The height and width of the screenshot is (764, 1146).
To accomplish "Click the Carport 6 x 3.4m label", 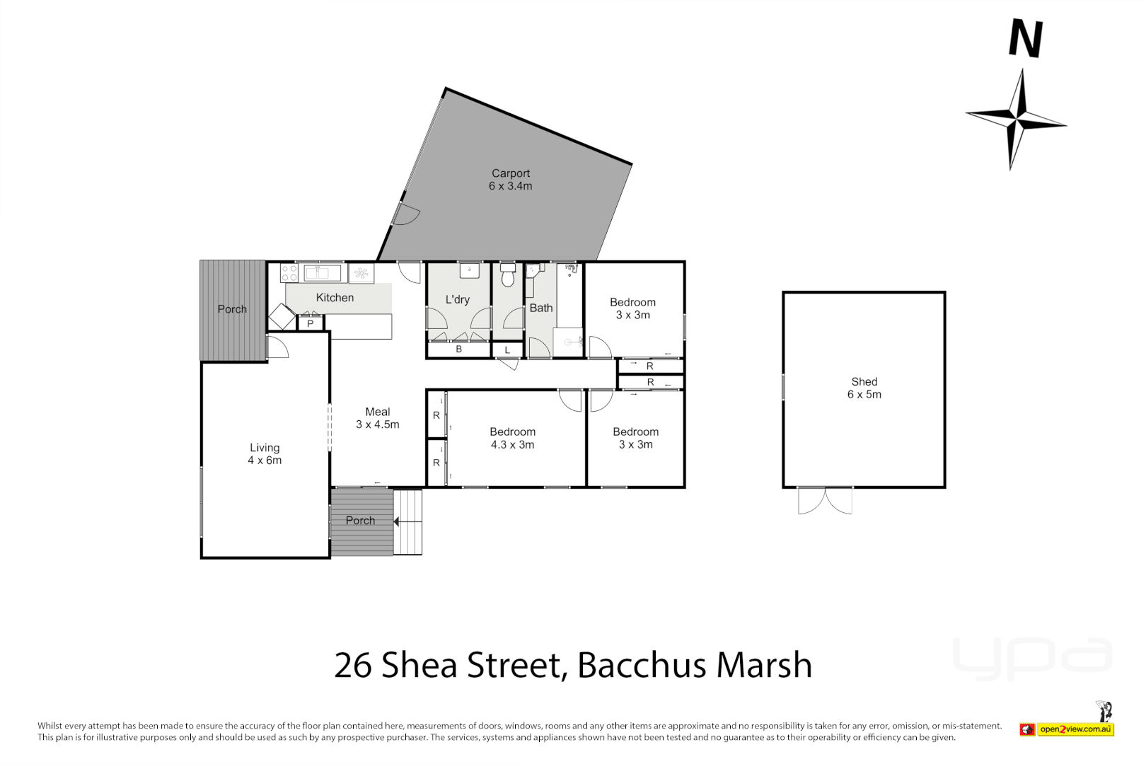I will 510,180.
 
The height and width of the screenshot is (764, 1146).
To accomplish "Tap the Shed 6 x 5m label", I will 864,388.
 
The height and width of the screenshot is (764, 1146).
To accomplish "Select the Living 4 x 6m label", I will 265,453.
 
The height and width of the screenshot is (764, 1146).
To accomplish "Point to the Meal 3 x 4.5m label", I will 377,418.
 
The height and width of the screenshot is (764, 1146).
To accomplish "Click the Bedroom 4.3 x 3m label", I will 512,438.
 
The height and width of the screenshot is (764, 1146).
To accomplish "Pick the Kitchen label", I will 335,298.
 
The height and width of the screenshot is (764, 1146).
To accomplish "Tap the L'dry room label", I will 457,299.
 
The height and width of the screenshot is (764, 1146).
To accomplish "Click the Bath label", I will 540,308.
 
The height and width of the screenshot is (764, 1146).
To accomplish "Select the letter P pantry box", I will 310,323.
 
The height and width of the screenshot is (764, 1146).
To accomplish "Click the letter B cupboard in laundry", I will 458,349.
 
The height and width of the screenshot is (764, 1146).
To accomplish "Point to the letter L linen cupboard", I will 507,350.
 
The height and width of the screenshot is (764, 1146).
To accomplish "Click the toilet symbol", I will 507,276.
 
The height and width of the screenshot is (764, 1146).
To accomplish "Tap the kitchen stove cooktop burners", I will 289,273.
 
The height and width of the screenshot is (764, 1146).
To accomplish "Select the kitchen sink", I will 323,272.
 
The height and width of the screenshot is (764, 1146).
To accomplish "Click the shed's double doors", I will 825,500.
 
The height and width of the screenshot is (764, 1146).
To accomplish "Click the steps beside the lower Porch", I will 408,522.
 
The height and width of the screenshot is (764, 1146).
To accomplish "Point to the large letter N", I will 1025,39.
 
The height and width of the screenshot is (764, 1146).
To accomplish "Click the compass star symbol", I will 1017,120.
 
